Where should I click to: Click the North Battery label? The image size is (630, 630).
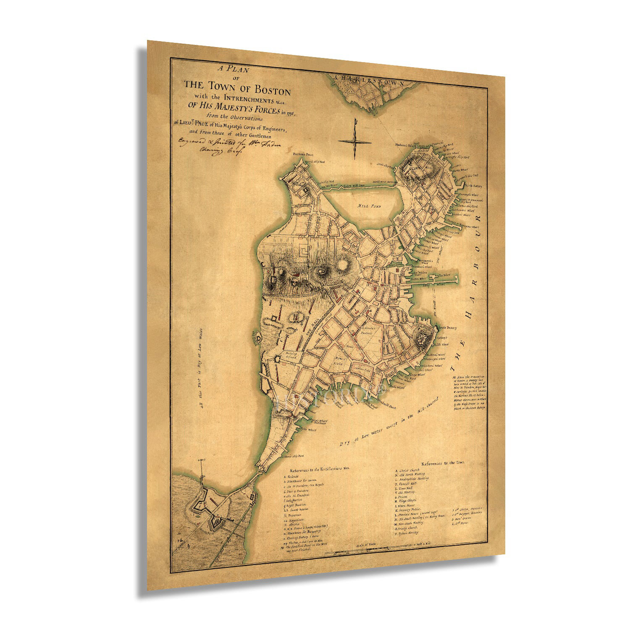473,185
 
